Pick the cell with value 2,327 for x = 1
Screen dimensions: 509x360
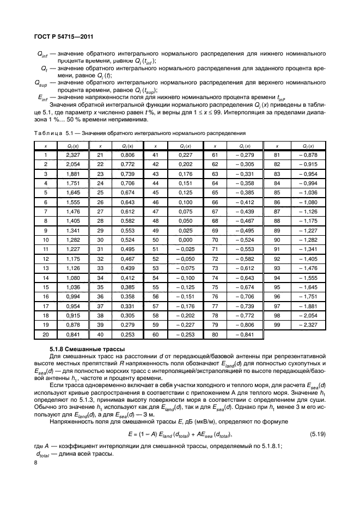[x=73, y=155]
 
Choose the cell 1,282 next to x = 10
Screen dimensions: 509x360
[x=73, y=240]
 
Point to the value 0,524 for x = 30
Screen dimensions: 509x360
[x=126, y=240]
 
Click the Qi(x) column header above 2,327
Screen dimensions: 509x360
[x=73, y=146]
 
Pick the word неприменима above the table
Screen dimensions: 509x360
[x=128, y=119]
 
